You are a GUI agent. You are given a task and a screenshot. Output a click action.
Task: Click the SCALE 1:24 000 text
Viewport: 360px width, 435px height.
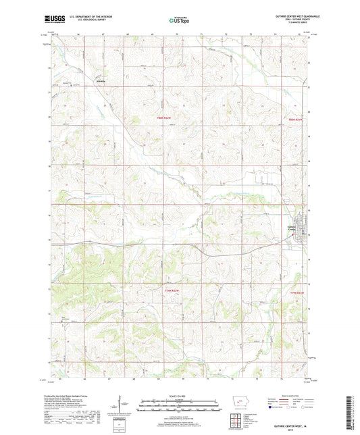coord(179,396)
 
